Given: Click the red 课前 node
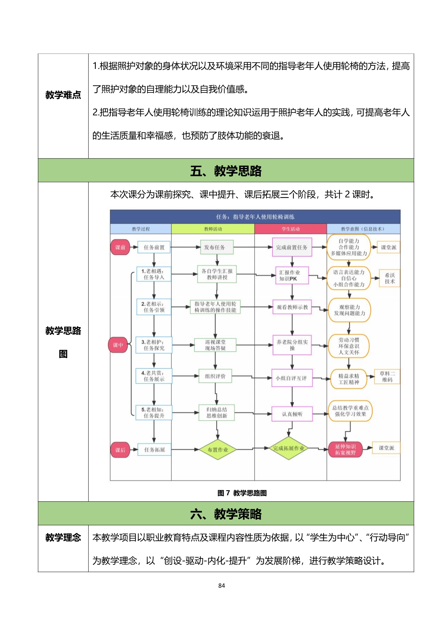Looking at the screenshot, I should [120, 247].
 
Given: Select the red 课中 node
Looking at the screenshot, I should [118, 345].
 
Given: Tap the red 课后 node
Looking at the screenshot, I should [120, 450].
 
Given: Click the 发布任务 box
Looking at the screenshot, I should [215, 247].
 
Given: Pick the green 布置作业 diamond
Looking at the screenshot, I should [218, 450].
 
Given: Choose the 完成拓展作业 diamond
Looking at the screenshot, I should [288, 448].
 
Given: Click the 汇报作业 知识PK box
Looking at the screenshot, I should [292, 276].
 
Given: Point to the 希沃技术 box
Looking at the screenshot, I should [389, 278].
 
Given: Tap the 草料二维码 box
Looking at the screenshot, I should [387, 377].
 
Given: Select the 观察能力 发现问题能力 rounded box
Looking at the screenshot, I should [349, 310].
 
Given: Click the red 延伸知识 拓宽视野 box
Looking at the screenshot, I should [345, 450].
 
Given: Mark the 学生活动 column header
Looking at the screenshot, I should [290, 229].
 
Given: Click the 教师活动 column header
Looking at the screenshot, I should [213, 229].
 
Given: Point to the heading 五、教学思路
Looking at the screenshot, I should [226, 171].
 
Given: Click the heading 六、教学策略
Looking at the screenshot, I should [226, 514].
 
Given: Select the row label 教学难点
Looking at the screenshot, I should [63, 95].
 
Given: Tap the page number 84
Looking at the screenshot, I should [221, 585].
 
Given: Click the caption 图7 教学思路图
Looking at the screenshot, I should [242, 493].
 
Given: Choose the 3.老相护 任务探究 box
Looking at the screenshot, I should [154, 345].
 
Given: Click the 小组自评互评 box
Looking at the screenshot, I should [292, 378].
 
